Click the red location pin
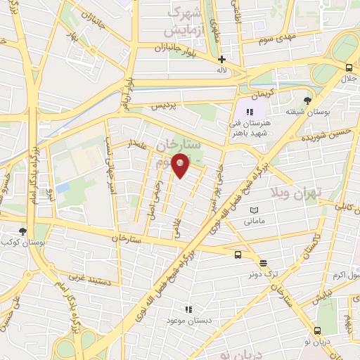click(181, 165)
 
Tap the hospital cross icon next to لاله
click(221, 60)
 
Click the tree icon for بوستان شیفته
click(307, 101)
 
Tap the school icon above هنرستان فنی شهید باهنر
click(248, 111)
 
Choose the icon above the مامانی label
click(254, 210)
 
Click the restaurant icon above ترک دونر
click(263, 262)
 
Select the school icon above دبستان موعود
click(188, 309)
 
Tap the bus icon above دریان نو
click(318, 330)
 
